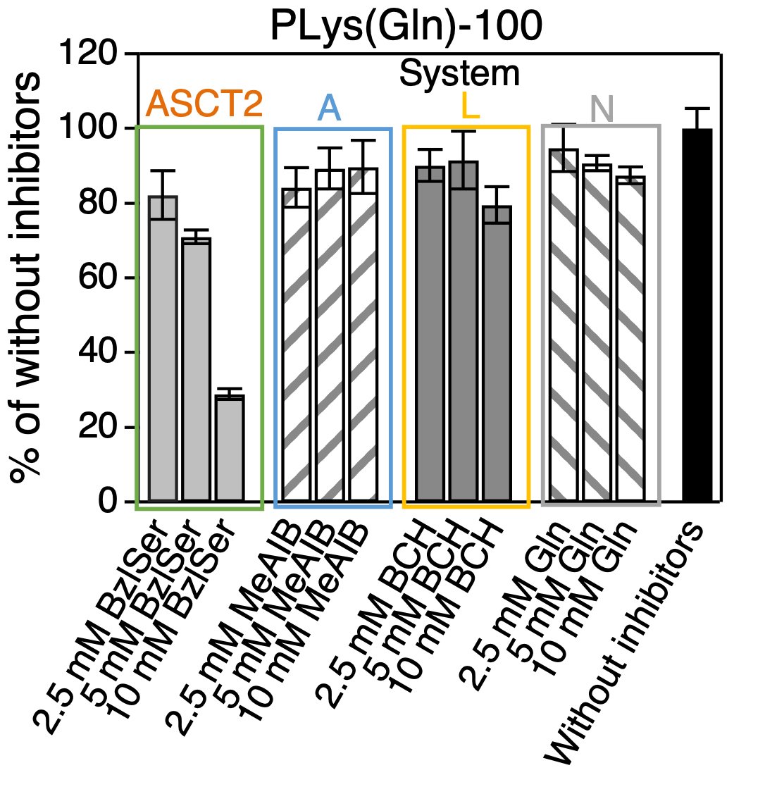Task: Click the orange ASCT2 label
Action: [204, 104]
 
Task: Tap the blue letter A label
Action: [329, 108]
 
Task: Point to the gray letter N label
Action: [602, 110]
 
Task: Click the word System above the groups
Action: [459, 73]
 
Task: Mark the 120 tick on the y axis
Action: [89, 53]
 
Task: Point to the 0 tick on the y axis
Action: [106, 502]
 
